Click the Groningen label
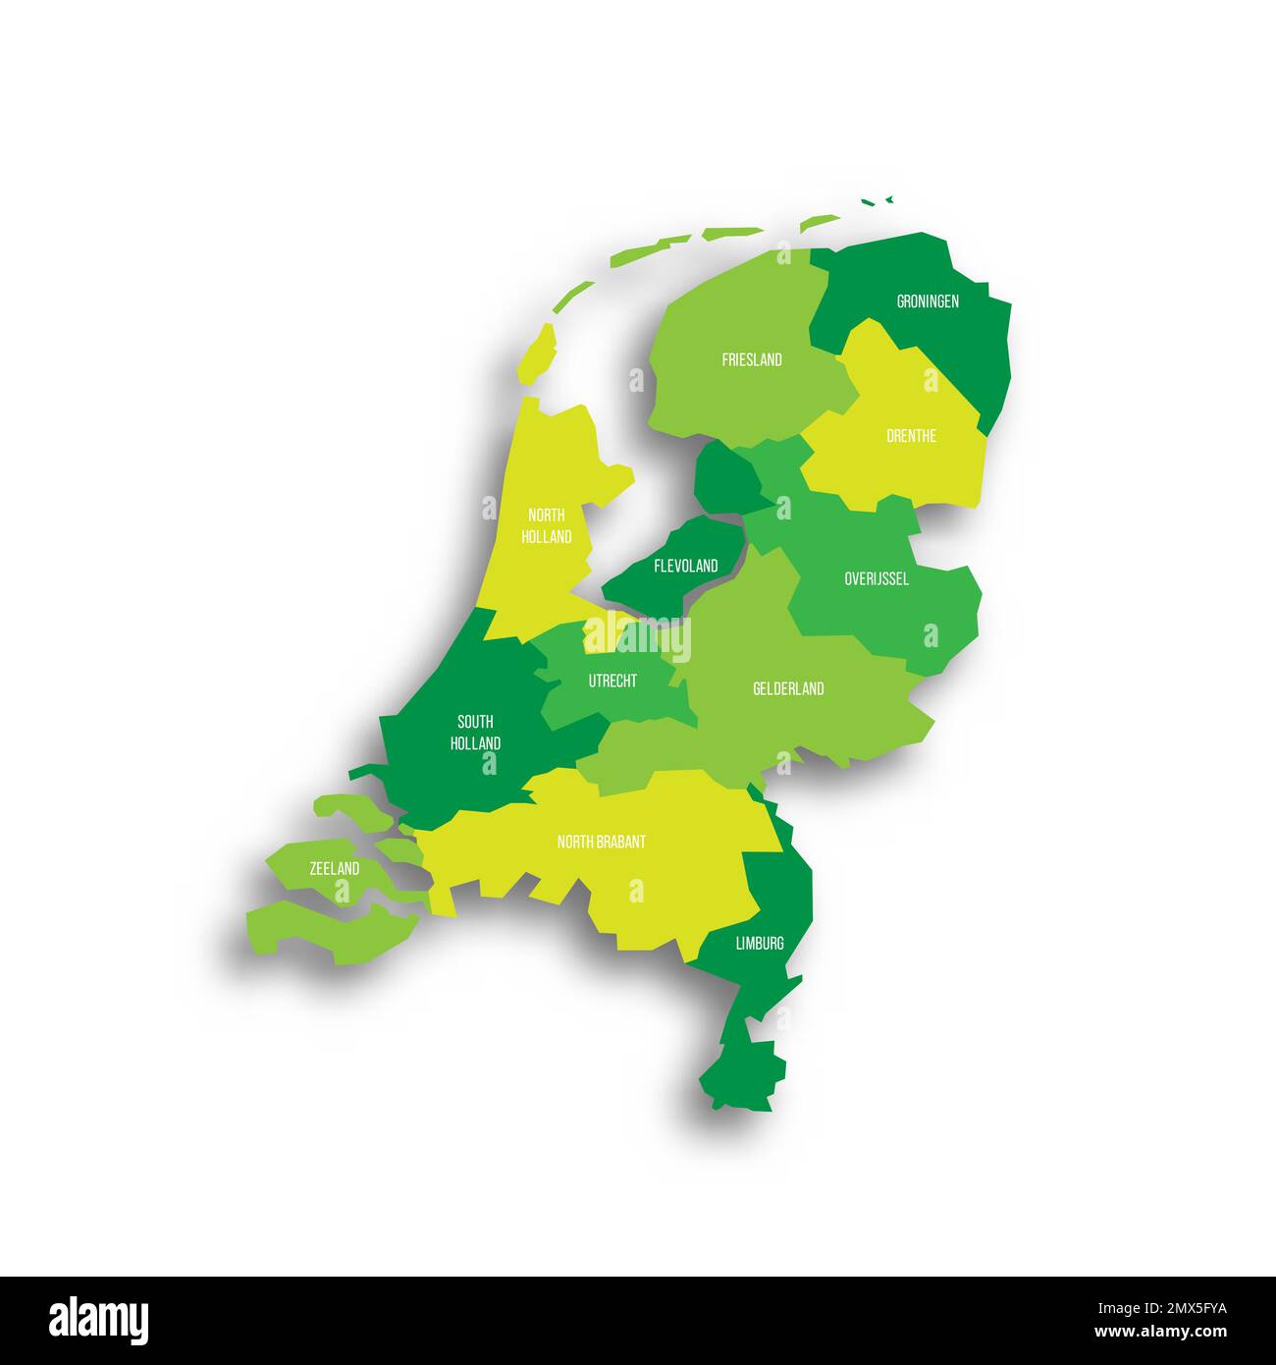click(x=928, y=301)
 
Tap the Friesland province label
click(x=752, y=359)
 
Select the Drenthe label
click(x=911, y=435)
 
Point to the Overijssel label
click(x=877, y=578)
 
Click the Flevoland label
click(x=686, y=566)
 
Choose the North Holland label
click(x=547, y=525)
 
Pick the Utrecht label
click(x=612, y=681)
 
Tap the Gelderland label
click(x=788, y=688)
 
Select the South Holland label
click(x=475, y=733)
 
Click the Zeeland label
click(x=334, y=869)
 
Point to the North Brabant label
click(x=602, y=842)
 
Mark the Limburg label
click(x=760, y=944)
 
